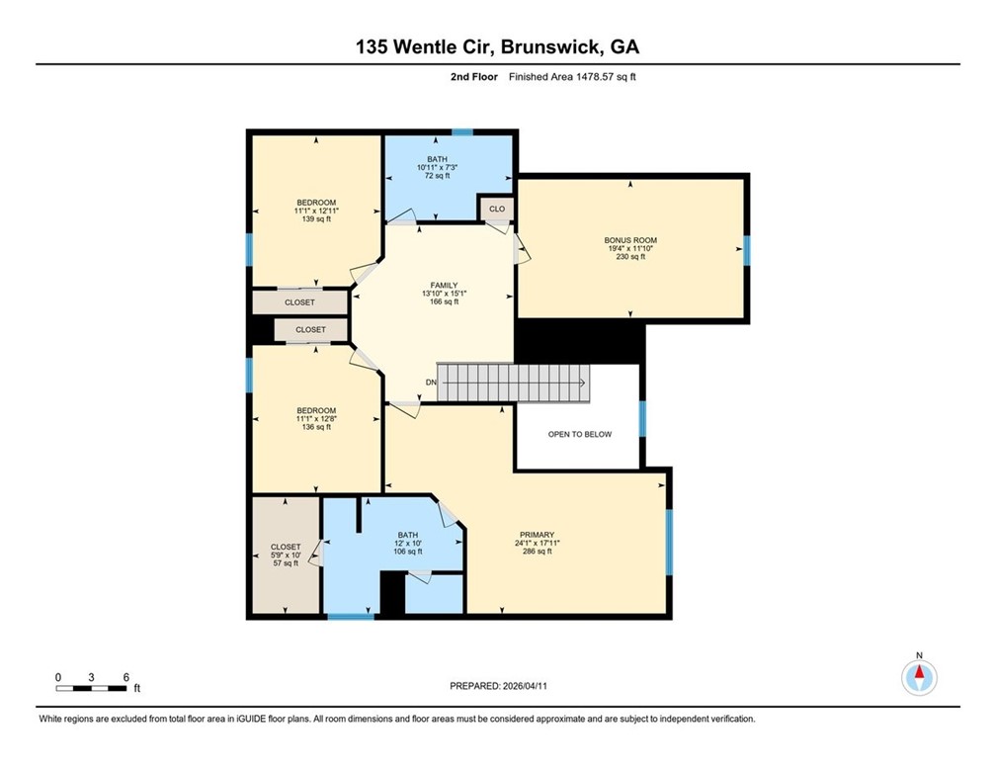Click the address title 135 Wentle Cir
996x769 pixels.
(425, 47)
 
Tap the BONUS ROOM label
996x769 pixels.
(630, 240)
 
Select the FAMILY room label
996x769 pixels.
(444, 286)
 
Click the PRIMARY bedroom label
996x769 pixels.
(537, 535)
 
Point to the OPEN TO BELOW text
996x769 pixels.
(579, 434)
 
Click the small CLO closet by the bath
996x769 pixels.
(497, 209)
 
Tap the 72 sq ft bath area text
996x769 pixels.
(437, 175)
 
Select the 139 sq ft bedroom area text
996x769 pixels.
(316, 218)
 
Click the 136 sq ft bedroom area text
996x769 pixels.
(316, 427)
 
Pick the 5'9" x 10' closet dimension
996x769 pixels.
(286, 555)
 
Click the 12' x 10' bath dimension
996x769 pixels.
(408, 544)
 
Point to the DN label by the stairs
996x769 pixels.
(431, 382)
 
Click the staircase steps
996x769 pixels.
(513, 383)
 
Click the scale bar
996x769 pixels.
(91, 688)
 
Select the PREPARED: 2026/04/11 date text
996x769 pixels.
(498, 686)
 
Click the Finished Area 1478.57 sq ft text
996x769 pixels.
(572, 77)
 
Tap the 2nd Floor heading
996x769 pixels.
(474, 77)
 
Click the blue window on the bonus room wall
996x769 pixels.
(746, 250)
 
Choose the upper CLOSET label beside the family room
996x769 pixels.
(299, 302)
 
